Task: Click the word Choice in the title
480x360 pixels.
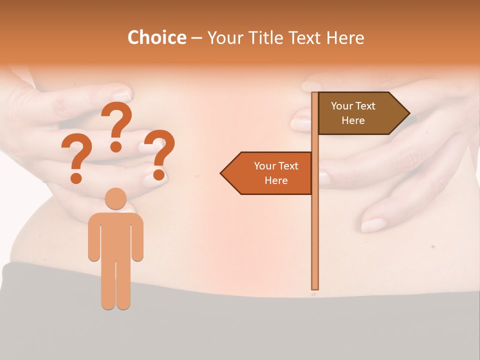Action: tap(156, 37)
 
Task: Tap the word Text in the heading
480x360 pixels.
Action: tap(305, 37)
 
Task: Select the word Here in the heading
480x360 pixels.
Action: tap(345, 37)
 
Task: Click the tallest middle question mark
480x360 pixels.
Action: tap(116, 122)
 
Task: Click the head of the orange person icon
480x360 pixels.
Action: tap(115, 198)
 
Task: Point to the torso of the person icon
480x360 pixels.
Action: tap(115, 235)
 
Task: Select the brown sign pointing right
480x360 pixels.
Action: tap(360, 113)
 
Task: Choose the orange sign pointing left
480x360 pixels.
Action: tap(270, 173)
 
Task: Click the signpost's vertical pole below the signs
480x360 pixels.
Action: tap(315, 240)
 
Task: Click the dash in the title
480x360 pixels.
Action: tap(196, 38)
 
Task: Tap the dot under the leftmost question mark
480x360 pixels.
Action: tap(76, 177)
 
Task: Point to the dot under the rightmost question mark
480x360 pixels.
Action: tap(159, 174)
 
